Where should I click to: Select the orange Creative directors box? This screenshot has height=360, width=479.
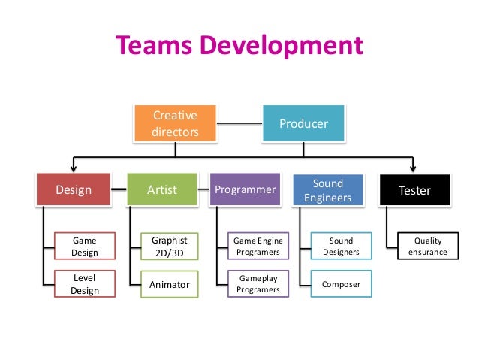point(175,124)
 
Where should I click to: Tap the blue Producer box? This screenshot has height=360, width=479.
point(303,123)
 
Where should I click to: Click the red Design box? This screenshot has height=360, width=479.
point(73,190)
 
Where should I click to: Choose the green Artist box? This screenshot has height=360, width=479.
point(162,190)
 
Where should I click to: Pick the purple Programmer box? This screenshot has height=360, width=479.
point(246,190)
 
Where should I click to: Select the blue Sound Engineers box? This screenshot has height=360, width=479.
point(328,190)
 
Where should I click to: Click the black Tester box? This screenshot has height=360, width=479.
point(414,190)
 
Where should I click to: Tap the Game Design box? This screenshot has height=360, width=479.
point(84,247)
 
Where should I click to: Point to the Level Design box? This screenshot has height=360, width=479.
point(84,284)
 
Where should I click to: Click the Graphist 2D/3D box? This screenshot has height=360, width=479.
point(169,247)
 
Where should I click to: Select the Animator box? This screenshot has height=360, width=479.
point(169,285)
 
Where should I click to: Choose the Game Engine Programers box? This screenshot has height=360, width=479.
point(258,247)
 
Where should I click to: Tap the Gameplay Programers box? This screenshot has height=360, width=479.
point(258,284)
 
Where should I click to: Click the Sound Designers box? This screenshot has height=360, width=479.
point(340,247)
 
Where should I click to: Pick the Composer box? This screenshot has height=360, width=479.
point(340,285)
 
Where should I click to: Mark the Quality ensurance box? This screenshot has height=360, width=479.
point(427,247)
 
